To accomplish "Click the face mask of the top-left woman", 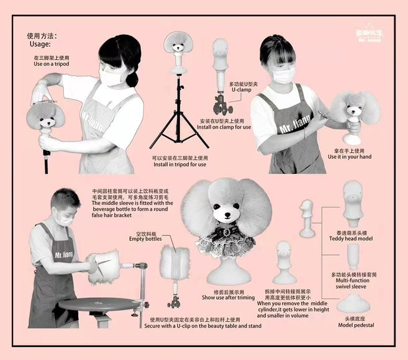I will (x=113, y=77).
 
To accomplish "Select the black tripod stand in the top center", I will (x=178, y=118).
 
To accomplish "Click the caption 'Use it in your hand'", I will (x=350, y=156).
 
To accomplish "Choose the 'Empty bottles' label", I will (x=145, y=239).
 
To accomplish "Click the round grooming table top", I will (x=99, y=304).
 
